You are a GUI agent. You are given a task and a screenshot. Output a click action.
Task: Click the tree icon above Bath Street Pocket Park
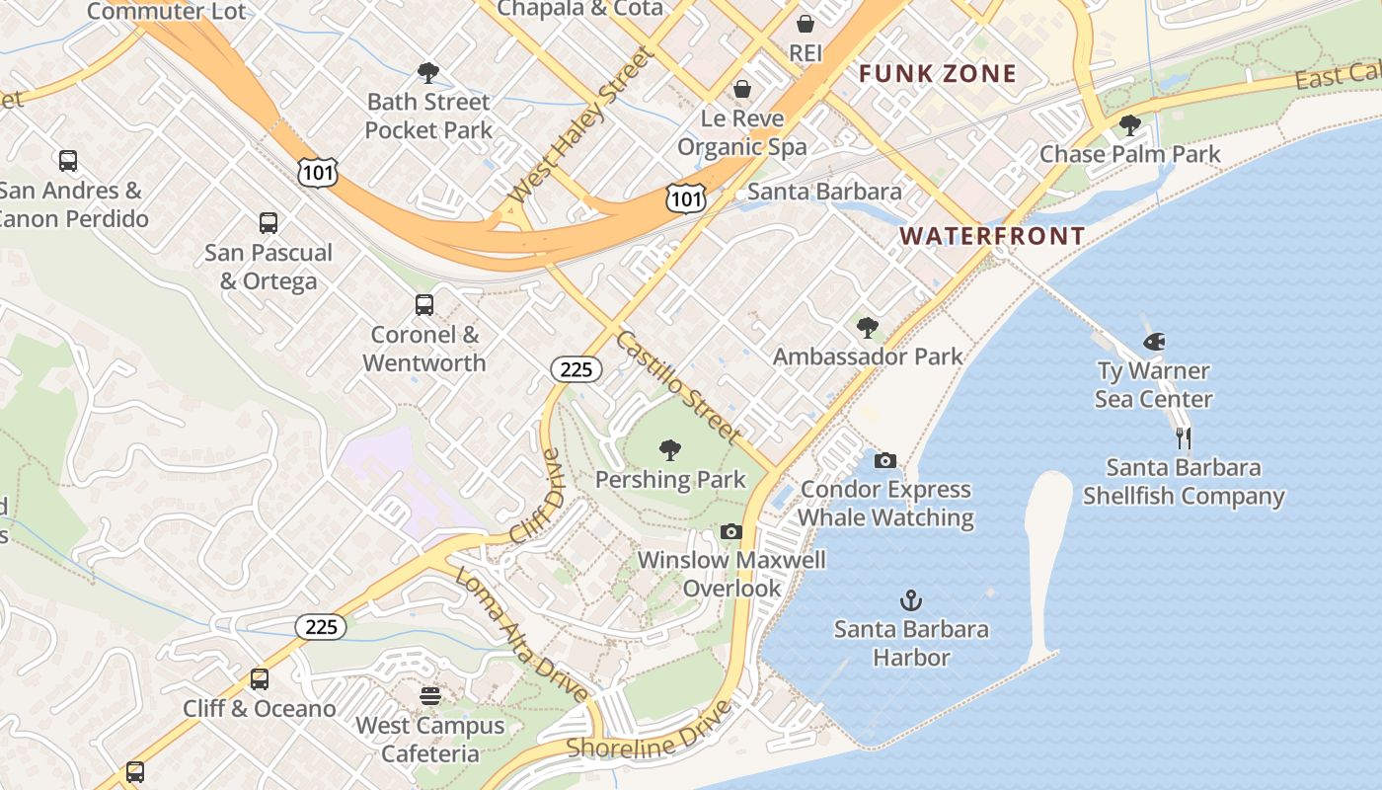click(x=428, y=72)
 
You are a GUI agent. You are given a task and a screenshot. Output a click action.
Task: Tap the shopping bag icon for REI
click(x=806, y=24)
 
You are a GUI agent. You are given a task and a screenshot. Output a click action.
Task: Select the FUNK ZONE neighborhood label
click(x=937, y=74)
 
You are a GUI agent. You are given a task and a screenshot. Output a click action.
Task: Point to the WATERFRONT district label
click(x=992, y=236)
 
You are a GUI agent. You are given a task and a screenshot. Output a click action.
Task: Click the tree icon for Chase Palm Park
click(x=1129, y=125)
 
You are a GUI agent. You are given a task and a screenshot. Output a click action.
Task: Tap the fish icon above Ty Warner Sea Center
click(x=1153, y=343)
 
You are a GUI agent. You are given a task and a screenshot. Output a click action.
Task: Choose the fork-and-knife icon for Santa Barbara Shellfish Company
click(x=1183, y=438)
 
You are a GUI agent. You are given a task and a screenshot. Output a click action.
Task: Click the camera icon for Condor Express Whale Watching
click(x=885, y=460)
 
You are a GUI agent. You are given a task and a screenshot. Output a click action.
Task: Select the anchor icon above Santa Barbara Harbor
click(x=910, y=600)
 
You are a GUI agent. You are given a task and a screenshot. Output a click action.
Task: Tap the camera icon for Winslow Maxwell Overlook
click(x=730, y=531)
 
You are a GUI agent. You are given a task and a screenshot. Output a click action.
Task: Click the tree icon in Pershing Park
click(x=670, y=450)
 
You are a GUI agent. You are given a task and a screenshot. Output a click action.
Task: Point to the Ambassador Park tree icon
click(x=868, y=327)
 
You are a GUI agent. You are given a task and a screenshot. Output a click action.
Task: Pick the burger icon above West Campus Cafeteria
click(x=429, y=696)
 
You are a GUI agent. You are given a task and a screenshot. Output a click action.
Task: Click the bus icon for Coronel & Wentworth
click(x=423, y=305)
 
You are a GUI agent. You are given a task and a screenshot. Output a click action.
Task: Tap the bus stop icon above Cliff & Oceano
click(x=259, y=679)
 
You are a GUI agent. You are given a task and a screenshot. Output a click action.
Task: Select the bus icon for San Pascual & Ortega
click(x=268, y=223)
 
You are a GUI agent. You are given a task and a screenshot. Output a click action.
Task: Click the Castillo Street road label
click(x=677, y=386)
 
